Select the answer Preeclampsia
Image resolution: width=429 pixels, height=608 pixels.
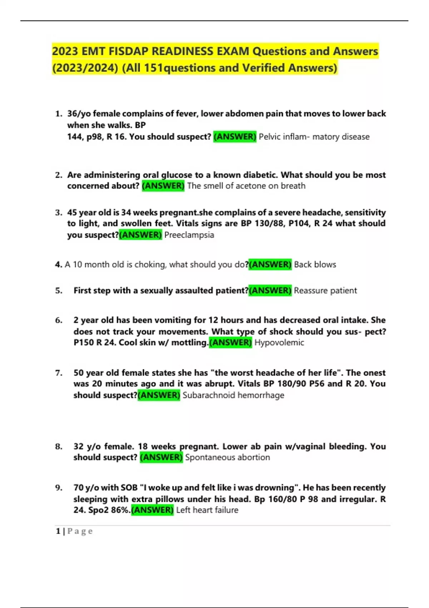[189, 235]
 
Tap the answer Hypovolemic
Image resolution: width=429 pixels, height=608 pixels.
[279, 343]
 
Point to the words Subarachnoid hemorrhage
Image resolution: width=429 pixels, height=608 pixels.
[233, 395]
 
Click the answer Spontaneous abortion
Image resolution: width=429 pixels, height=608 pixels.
[227, 457]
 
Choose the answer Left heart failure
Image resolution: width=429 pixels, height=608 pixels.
[207, 510]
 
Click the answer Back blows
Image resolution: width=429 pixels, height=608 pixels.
[315, 265]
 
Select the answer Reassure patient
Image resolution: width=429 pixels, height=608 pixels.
[325, 290]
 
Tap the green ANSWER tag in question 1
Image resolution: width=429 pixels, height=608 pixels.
[235, 137]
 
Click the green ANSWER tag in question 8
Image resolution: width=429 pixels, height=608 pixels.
[161, 457]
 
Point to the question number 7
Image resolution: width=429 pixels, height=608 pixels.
[59, 373]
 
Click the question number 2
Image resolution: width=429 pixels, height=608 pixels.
[59, 175]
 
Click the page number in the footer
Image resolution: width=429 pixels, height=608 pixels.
[58, 531]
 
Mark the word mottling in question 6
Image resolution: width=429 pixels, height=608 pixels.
[189, 343]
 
